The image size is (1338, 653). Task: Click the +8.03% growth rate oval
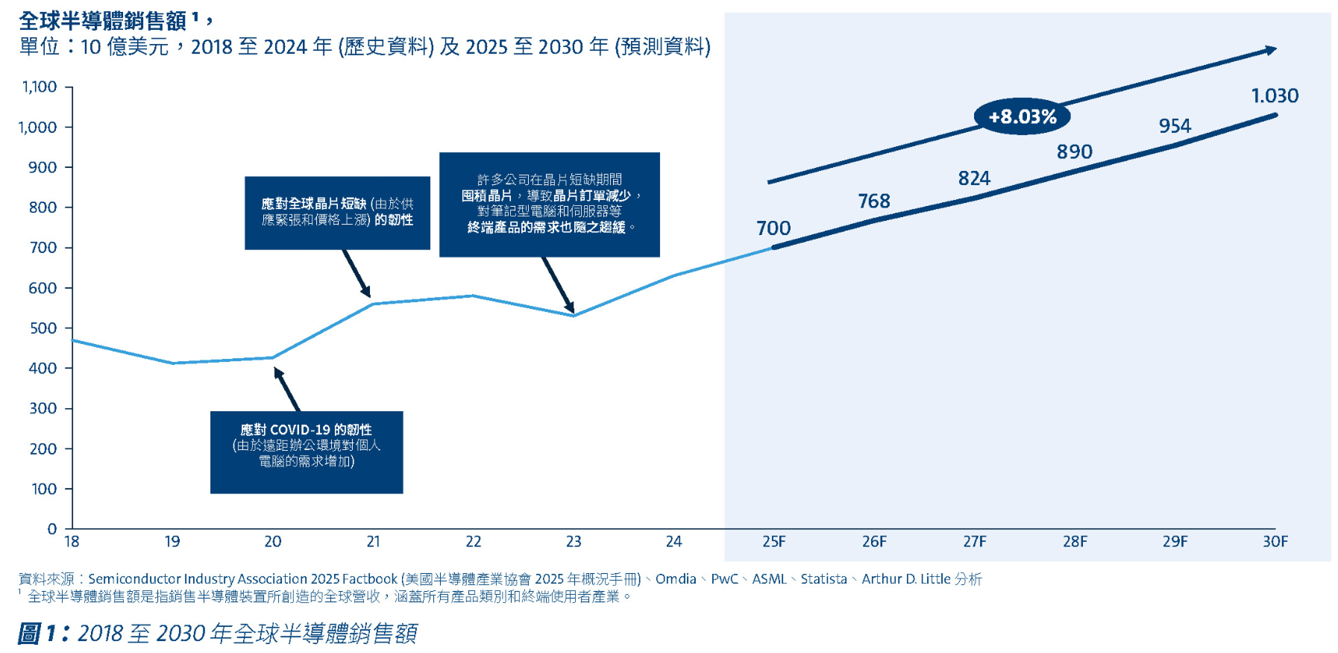click(1022, 116)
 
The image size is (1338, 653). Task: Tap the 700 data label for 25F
click(773, 228)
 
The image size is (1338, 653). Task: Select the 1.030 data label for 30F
click(1275, 96)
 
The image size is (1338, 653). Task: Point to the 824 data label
click(974, 178)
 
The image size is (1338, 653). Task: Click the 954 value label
click(1175, 126)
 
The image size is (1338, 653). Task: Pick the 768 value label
click(874, 201)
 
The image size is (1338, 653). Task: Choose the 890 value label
click(1075, 152)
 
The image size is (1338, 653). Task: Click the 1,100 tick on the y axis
click(40, 87)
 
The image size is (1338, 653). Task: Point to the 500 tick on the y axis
click(43, 328)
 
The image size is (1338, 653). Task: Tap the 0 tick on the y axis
click(52, 529)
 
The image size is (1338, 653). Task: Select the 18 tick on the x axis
click(72, 542)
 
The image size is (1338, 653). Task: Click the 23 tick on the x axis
click(574, 542)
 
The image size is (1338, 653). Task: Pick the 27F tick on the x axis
click(974, 542)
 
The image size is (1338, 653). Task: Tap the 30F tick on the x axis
click(1275, 542)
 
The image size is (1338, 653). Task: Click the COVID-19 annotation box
click(307, 452)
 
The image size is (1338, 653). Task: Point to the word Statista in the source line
click(823, 579)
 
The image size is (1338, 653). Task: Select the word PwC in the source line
click(724, 579)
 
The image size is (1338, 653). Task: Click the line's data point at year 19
click(172, 363)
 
